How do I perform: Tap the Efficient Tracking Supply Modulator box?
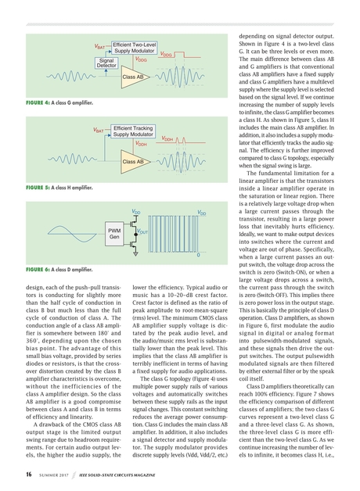[132, 131]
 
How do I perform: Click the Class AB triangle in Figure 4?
[132, 77]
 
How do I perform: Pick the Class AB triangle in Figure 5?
[132, 160]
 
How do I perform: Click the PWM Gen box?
[113, 233]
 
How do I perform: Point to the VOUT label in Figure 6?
[143, 231]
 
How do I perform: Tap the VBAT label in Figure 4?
[99, 48]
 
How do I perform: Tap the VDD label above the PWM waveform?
[202, 213]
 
